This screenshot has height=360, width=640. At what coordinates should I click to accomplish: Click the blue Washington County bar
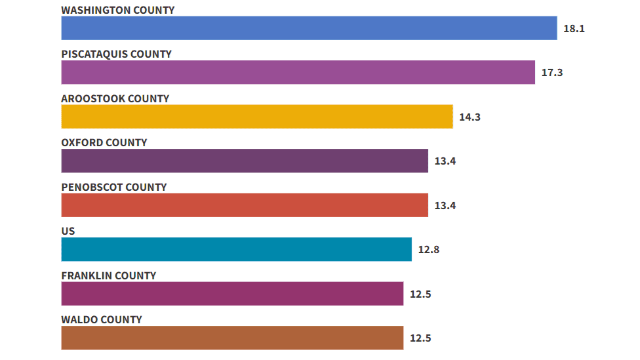click(309, 28)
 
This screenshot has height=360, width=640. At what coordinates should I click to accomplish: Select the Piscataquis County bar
click(298, 72)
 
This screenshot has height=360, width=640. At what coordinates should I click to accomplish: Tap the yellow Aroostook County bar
click(257, 117)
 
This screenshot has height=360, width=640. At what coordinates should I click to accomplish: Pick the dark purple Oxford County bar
click(245, 161)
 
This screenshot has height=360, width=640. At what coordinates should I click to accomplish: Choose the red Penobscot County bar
click(245, 205)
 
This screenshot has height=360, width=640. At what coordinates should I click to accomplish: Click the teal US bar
click(236, 249)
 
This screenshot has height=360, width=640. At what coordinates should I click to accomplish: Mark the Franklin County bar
click(232, 294)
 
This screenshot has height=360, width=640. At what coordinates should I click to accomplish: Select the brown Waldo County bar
click(232, 338)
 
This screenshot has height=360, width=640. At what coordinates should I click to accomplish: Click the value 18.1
click(574, 29)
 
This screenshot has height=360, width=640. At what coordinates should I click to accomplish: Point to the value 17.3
click(552, 73)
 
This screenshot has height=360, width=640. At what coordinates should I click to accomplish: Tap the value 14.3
click(470, 117)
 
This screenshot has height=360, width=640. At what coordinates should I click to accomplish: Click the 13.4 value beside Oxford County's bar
click(445, 161)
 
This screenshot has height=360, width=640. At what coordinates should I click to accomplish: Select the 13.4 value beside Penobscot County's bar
click(445, 206)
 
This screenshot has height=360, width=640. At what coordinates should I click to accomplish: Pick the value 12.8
click(429, 250)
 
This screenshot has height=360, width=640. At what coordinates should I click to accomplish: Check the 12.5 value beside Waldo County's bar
click(420, 338)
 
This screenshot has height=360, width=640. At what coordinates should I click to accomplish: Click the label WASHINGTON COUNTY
click(118, 10)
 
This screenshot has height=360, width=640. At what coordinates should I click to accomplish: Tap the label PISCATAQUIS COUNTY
click(116, 54)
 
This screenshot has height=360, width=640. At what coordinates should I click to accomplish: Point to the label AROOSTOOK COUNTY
click(115, 98)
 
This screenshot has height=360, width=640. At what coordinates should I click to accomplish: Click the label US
click(68, 231)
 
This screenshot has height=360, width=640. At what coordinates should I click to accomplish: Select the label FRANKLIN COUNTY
click(109, 275)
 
